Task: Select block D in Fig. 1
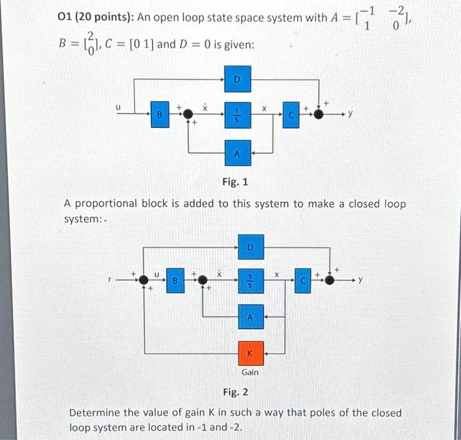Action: tap(237, 80)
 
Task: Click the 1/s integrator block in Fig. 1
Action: tap(237, 114)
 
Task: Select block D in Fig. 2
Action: tap(250, 247)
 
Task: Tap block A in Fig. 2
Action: tap(250, 317)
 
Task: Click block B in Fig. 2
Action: tap(175, 280)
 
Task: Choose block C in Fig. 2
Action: tap(304, 280)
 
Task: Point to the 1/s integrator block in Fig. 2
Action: tap(250, 280)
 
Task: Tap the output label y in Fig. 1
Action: tap(350, 114)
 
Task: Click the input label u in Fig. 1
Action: tap(119, 106)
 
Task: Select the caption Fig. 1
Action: tap(234, 181)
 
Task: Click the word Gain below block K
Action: tap(250, 373)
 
